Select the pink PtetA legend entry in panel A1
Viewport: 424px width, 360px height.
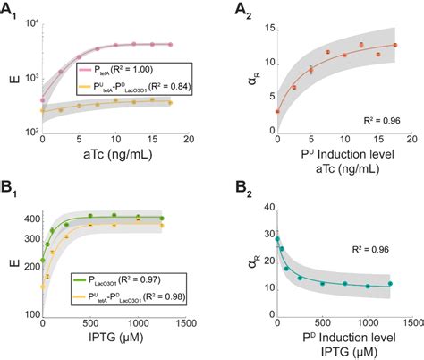(x=106, y=68)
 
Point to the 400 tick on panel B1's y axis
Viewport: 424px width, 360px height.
(x=30, y=219)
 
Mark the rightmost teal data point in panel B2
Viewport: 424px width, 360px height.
(x=388, y=284)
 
